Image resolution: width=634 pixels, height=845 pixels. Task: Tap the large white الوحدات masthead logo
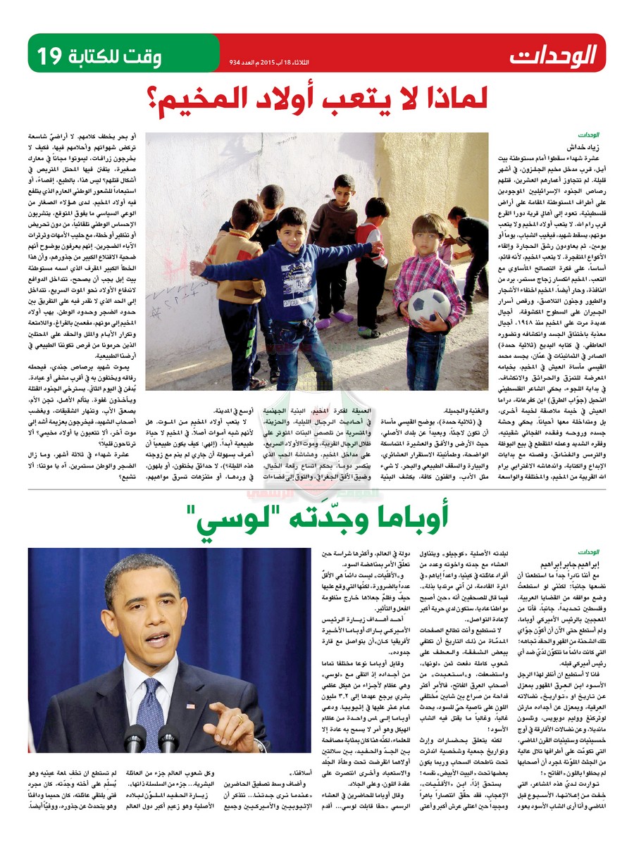pyautogui.click(x=554, y=54)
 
